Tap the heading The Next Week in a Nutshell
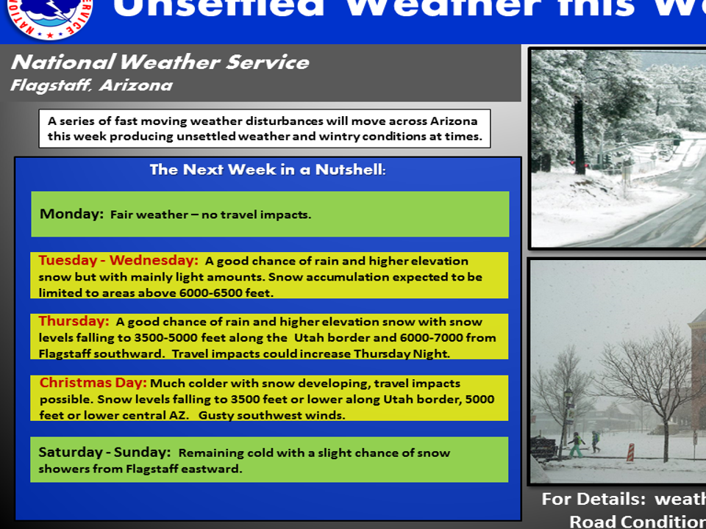(x=268, y=170)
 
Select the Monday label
(x=71, y=215)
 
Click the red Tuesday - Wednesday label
(x=118, y=261)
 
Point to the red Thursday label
(x=74, y=322)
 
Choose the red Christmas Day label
(x=93, y=384)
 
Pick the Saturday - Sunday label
(x=104, y=453)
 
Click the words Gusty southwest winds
(x=271, y=415)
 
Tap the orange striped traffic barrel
(x=630, y=451)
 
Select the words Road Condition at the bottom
(x=636, y=521)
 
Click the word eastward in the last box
(x=213, y=469)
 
